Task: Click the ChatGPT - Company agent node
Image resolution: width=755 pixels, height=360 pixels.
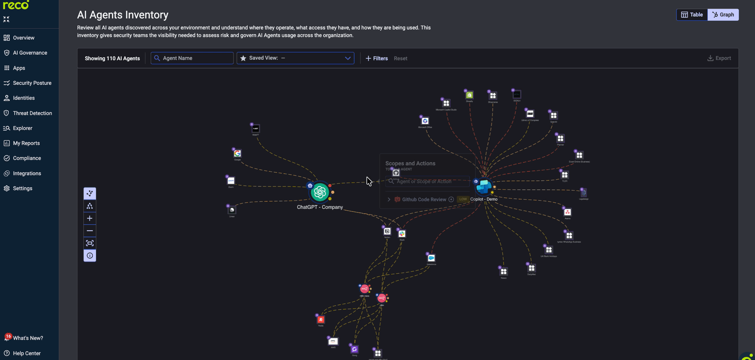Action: click(x=320, y=192)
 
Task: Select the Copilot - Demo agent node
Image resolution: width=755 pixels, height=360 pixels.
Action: click(x=484, y=187)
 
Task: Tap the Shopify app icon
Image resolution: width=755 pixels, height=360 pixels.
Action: click(x=469, y=95)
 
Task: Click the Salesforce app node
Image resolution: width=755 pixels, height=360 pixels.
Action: click(x=431, y=258)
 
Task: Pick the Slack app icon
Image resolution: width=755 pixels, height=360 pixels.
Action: click(x=402, y=234)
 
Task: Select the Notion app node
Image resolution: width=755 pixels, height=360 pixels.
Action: click(x=387, y=231)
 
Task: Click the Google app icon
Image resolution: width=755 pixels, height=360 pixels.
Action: click(x=237, y=154)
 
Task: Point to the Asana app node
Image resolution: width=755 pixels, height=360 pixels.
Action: click(x=567, y=212)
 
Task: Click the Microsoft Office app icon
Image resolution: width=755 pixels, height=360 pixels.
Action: click(x=425, y=121)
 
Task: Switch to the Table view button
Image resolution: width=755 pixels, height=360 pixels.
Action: click(x=692, y=15)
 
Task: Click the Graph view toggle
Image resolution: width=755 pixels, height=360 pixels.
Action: click(x=723, y=15)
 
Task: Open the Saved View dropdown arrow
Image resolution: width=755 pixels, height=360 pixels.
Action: click(x=348, y=58)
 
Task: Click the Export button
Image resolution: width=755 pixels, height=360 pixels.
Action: click(x=719, y=58)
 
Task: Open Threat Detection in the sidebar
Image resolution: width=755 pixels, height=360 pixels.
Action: click(x=32, y=113)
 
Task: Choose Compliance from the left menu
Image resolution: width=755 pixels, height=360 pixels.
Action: click(x=27, y=158)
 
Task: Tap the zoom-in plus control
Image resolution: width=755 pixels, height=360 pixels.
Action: click(x=90, y=218)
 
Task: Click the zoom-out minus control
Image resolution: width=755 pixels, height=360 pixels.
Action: click(x=90, y=231)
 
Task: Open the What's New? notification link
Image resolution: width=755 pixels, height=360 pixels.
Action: click(x=28, y=338)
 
